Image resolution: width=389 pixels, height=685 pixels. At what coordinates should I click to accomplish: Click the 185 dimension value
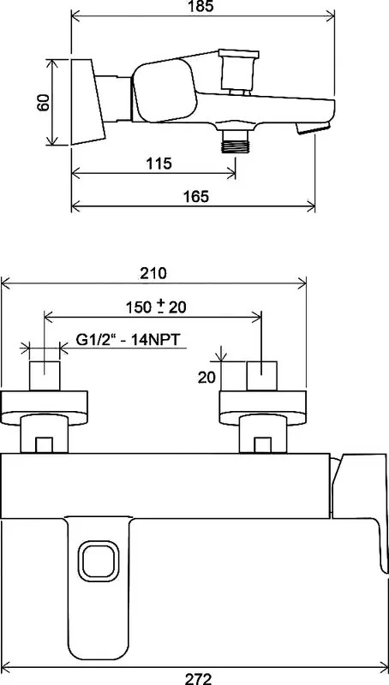click(203, 6)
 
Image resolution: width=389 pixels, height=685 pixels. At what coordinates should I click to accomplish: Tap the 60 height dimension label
click(44, 103)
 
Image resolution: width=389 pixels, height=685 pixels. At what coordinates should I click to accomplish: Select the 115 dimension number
click(159, 164)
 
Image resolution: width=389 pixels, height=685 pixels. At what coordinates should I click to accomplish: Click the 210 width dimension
click(153, 273)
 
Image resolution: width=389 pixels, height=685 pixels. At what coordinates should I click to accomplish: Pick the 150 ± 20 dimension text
click(156, 307)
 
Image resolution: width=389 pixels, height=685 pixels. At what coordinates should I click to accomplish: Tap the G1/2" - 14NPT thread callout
click(128, 339)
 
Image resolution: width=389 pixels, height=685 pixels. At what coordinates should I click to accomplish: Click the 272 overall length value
click(198, 678)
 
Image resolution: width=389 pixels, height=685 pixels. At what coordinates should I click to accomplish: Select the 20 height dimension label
click(206, 378)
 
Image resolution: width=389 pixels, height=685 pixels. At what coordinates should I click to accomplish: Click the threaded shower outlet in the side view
click(235, 141)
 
